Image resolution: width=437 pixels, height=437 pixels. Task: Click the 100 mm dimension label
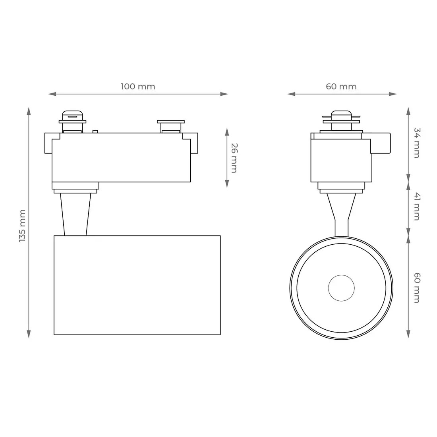point(138,86)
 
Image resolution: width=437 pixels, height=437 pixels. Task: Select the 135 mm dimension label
point(22,226)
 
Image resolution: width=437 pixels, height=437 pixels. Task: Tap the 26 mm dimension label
point(234,158)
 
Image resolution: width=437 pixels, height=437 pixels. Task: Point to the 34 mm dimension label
point(417,143)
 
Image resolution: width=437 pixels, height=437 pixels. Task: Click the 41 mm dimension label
point(417,206)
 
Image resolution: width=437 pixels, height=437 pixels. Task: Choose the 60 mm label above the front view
point(341,86)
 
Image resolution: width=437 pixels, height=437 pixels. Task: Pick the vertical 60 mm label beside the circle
point(417,288)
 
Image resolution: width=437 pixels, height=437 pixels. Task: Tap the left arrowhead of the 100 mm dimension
point(52,94)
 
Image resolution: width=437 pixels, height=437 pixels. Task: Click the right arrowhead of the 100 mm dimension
point(224,94)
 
